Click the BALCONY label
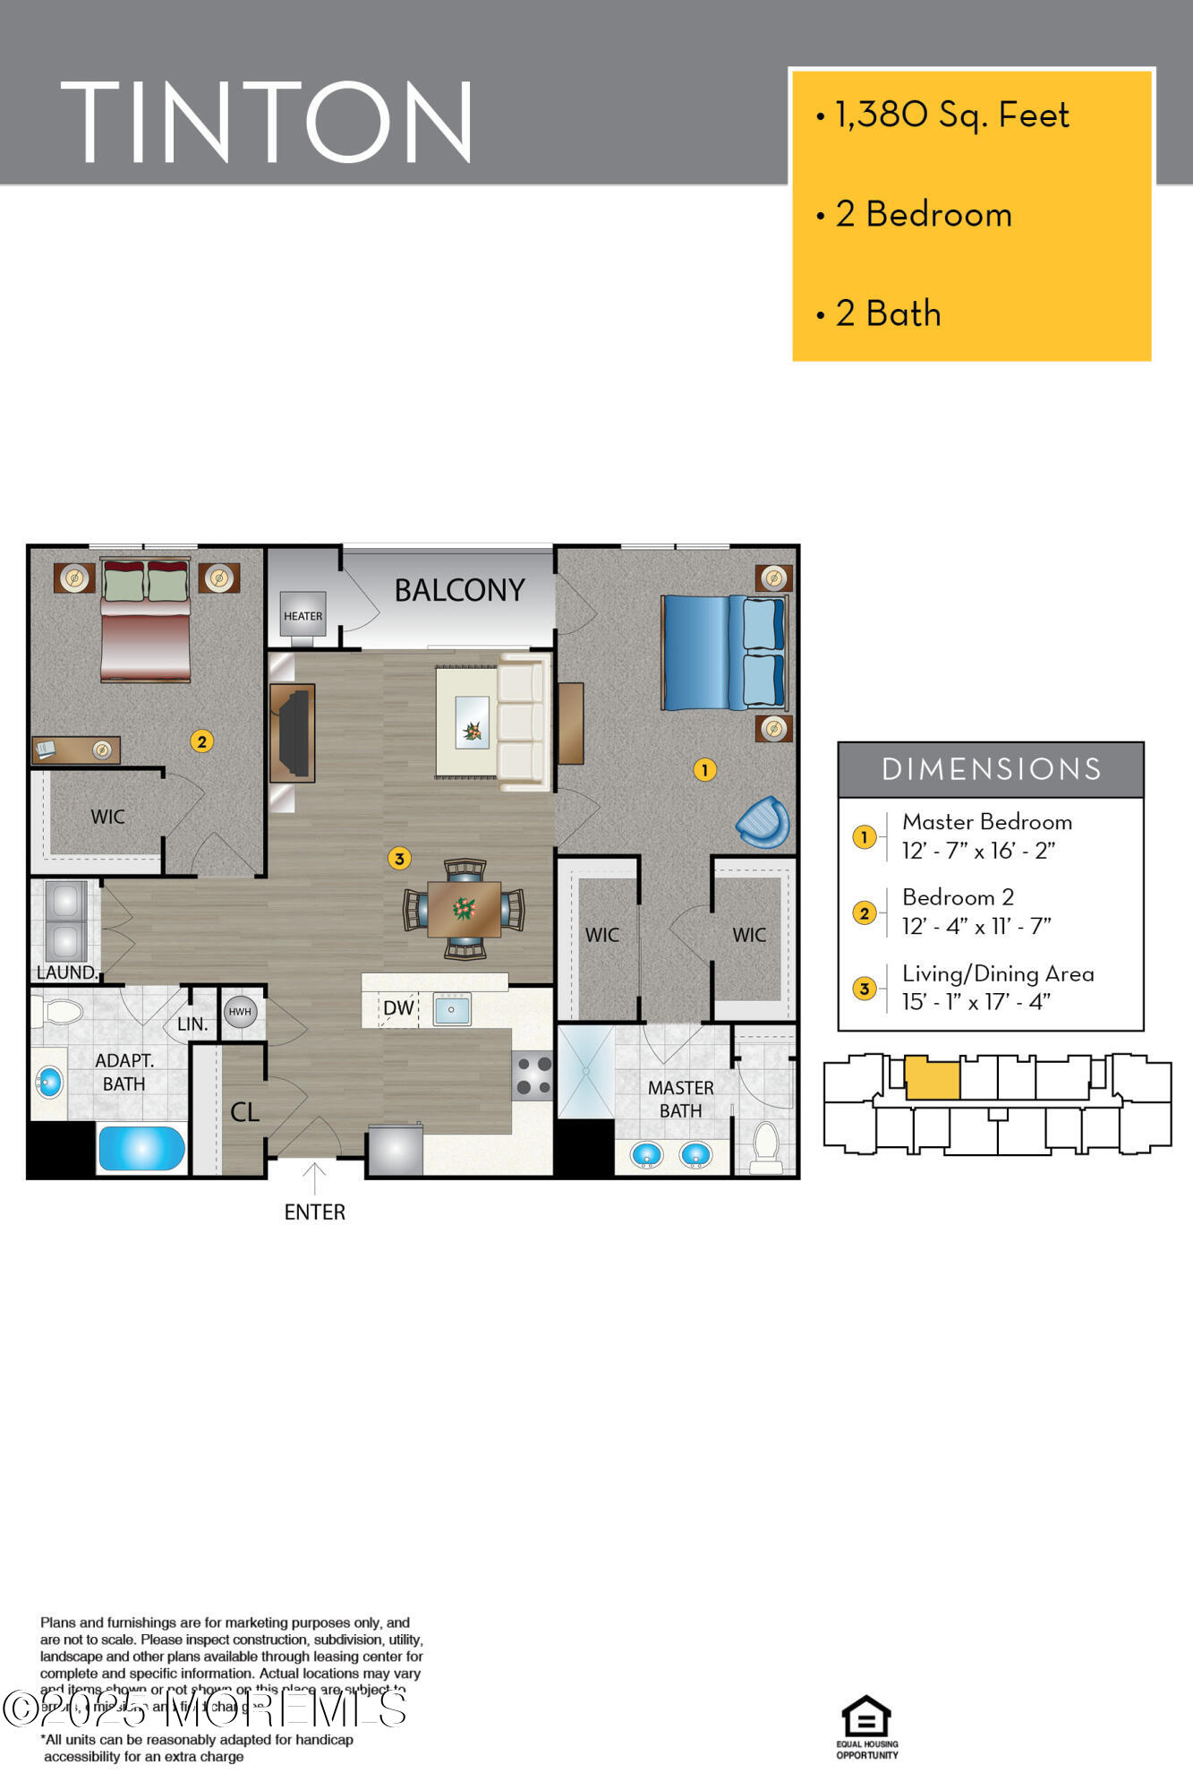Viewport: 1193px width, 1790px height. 459,590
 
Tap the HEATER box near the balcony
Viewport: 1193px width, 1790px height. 303,615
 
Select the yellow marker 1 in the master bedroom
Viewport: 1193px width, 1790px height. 704,769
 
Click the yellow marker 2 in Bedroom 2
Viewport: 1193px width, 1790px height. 201,741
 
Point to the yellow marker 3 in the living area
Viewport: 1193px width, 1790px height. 399,859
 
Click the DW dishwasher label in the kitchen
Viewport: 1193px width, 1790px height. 398,1008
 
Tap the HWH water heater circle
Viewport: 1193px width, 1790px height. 240,1012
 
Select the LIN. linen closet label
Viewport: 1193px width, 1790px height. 192,1024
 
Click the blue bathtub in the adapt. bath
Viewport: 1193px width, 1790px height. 141,1148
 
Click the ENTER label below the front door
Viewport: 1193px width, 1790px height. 314,1212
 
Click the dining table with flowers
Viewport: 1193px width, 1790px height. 464,909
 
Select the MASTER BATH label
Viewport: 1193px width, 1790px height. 680,1099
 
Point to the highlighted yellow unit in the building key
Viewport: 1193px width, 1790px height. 932,1079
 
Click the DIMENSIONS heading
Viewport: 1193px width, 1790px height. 991,769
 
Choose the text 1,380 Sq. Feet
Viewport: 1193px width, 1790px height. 951,115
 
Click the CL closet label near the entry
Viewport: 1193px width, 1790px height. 244,1112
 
